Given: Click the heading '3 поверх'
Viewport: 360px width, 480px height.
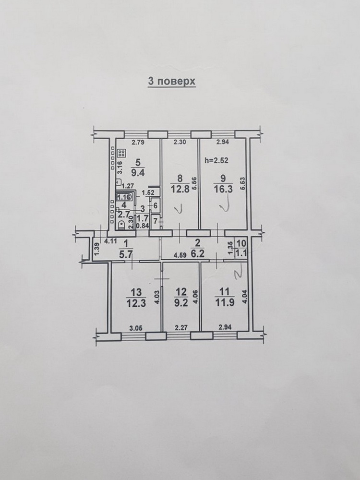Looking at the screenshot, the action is pos(172,82).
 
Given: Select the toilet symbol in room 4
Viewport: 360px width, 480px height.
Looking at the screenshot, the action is pos(121,225).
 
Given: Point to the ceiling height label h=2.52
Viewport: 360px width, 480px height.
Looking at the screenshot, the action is pos(217,160).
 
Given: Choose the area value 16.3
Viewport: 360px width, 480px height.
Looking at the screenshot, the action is pos(223,189).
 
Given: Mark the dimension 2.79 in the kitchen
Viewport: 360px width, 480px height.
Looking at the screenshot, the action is pos(138,142).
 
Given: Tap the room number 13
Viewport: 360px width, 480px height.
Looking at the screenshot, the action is pos(136,292).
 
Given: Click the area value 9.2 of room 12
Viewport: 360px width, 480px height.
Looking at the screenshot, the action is pos(181,303).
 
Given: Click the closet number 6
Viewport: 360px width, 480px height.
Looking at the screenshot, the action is pos(155,205).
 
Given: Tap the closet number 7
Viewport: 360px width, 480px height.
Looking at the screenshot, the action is pos(155,220).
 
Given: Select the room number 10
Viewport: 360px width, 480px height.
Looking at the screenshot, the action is pos(241,244).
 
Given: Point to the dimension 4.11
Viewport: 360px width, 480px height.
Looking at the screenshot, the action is pos(111,241).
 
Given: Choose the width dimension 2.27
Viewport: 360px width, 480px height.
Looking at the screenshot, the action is pos(181,327).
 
